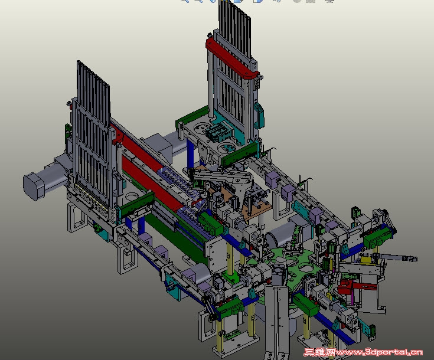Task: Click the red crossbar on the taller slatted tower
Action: [232, 58]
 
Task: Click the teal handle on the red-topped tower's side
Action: [259, 115]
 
